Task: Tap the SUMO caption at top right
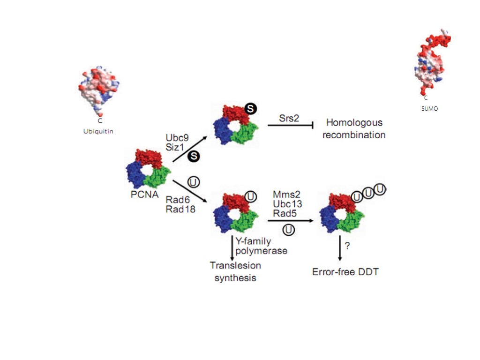coord(429,108)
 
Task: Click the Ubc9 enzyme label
coord(177,138)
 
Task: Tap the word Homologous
coord(354,123)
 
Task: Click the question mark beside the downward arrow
coord(347,246)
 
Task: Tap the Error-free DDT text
coord(345,272)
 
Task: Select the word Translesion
coord(235,265)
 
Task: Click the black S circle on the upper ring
coord(251,109)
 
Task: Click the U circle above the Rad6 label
coord(192,181)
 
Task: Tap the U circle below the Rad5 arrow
coord(289,229)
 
